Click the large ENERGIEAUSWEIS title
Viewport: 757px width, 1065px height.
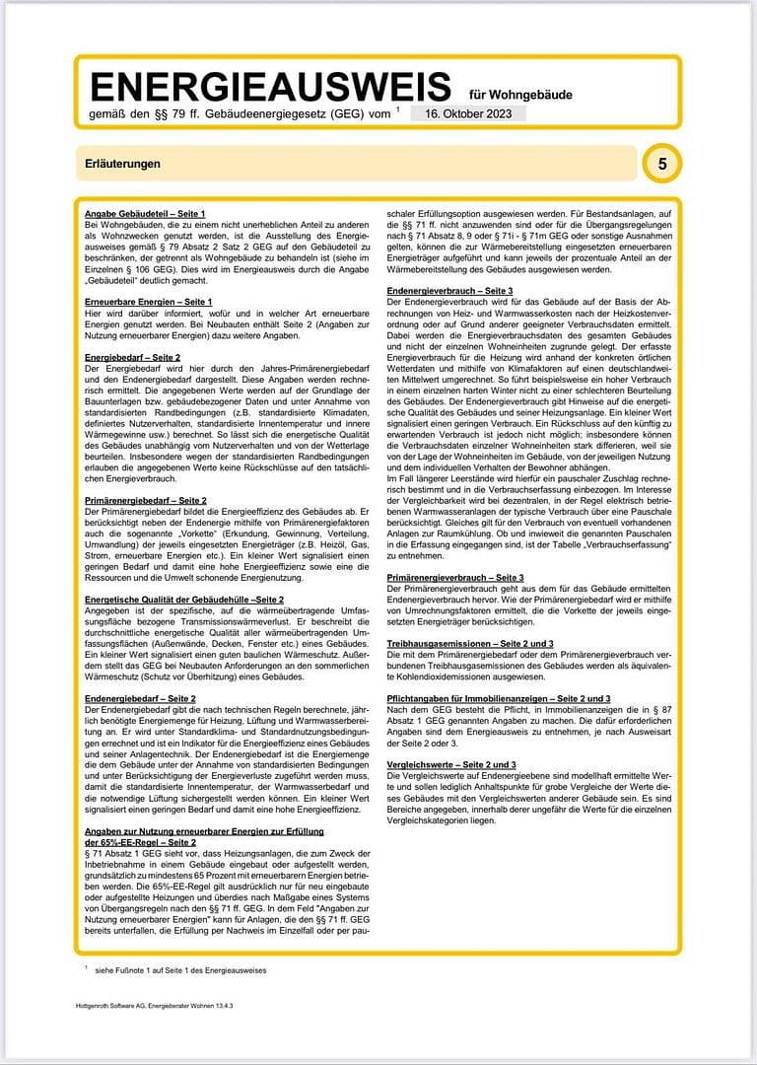(270, 87)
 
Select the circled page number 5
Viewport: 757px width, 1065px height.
(662, 164)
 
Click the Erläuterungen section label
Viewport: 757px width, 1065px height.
(123, 164)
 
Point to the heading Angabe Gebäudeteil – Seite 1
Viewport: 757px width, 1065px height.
(145, 213)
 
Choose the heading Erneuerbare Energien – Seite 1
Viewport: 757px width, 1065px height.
(149, 300)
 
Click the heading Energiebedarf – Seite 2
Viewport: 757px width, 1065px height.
(132, 356)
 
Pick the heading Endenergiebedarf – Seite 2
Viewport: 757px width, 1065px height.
(140, 698)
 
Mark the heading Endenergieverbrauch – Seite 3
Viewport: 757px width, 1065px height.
(450, 291)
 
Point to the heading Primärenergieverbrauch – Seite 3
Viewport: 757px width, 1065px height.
(455, 576)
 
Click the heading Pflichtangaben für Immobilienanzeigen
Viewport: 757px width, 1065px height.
(500, 698)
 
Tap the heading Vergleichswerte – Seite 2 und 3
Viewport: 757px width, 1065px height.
(452, 764)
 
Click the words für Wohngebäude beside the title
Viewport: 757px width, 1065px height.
(520, 95)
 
